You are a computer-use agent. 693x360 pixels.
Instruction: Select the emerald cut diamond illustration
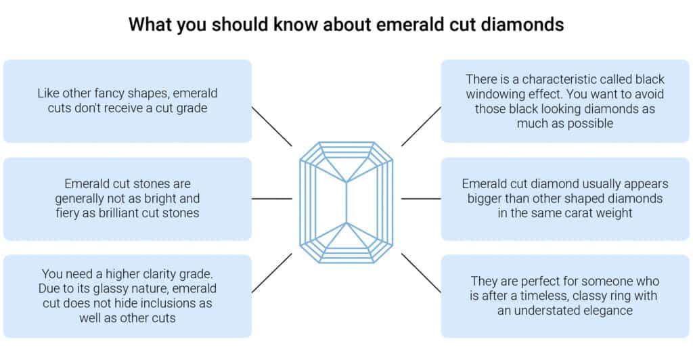tap(346, 202)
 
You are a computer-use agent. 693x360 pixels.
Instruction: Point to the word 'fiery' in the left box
tap(80, 213)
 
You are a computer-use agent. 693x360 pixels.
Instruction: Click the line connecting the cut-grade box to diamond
tap(271, 126)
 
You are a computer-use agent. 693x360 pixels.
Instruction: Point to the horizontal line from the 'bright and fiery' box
tap(271, 199)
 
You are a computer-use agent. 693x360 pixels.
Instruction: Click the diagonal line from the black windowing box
tap(421, 126)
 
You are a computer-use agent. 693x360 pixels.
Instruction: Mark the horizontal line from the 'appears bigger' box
tap(421, 199)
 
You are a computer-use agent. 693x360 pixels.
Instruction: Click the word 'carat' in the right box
tap(559, 214)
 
